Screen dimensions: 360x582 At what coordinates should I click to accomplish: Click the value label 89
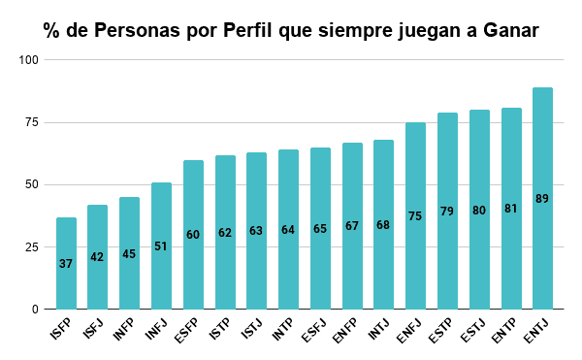542,199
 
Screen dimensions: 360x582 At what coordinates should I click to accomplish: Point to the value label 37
66,264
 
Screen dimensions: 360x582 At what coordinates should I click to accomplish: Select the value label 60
193,235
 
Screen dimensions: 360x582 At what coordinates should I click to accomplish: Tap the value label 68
383,225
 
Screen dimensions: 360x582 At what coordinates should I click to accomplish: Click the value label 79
447,212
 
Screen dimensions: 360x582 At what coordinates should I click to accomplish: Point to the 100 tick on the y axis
28,60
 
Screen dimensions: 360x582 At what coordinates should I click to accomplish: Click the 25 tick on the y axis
31,247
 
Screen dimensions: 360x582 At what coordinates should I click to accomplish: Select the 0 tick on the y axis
34,310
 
